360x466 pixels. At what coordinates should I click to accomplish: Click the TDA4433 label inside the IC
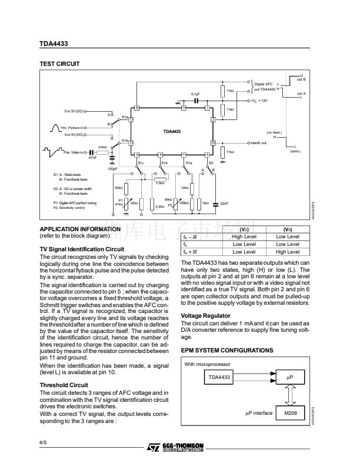[171, 131]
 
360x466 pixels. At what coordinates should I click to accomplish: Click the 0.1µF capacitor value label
[196, 94]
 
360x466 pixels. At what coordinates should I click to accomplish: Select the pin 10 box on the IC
[213, 143]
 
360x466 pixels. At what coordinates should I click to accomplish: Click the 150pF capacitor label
[113, 169]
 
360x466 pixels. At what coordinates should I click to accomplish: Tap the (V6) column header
[286, 229]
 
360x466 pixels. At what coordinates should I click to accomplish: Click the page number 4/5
[43, 439]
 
